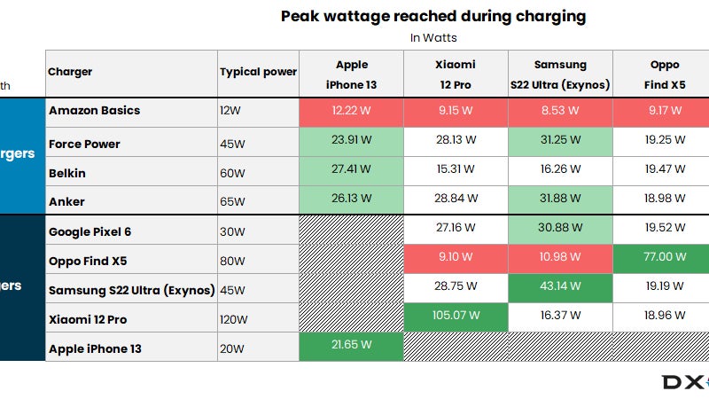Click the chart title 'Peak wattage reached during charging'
[x=433, y=16]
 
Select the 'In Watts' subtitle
[x=433, y=37]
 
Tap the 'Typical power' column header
[x=258, y=72]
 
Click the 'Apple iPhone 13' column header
[x=352, y=74]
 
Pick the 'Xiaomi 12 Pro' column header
[x=456, y=74]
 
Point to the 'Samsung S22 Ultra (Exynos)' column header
[x=560, y=74]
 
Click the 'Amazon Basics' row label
[x=95, y=111]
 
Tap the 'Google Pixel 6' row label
[x=90, y=231]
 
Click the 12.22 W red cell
[x=352, y=111]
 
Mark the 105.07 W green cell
[x=456, y=315]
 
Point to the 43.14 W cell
[x=560, y=286]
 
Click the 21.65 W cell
[x=352, y=344]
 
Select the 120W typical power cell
[x=233, y=318]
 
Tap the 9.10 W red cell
[x=456, y=256]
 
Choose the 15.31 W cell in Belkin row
[x=456, y=172]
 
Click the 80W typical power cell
[x=231, y=260]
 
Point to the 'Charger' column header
[x=70, y=72]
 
